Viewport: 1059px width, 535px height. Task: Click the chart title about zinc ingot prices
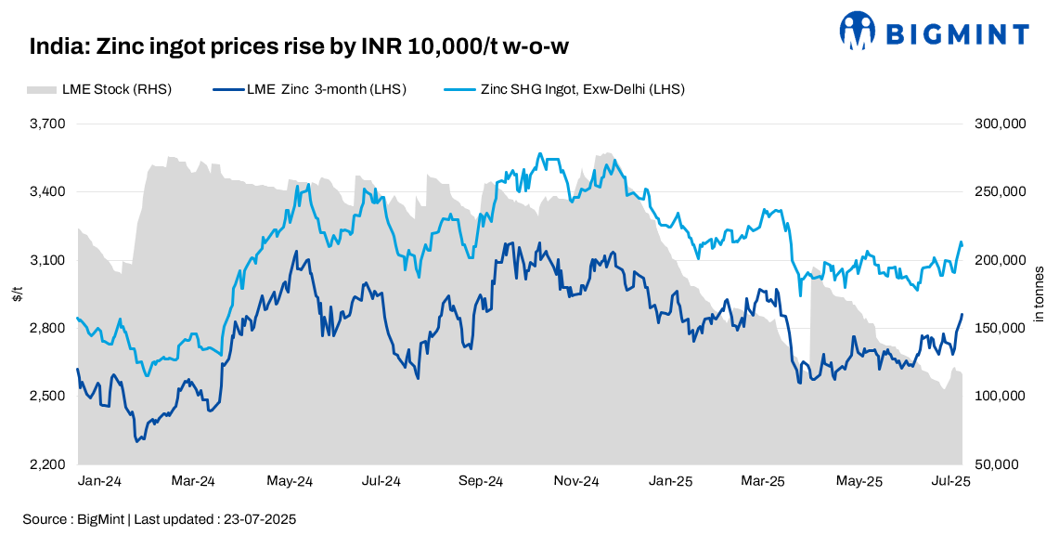click(x=305, y=46)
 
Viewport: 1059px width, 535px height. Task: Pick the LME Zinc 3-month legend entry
click(x=310, y=89)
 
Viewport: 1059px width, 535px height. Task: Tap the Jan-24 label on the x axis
click(x=98, y=481)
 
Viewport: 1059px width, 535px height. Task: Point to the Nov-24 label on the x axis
click(x=575, y=481)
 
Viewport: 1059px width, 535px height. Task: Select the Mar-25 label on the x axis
click(x=765, y=481)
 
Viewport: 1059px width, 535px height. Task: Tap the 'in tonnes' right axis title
click(x=1040, y=294)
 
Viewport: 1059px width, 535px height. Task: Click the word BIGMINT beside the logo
click(x=957, y=34)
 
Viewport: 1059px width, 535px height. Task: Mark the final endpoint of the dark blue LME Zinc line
click(x=962, y=314)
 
